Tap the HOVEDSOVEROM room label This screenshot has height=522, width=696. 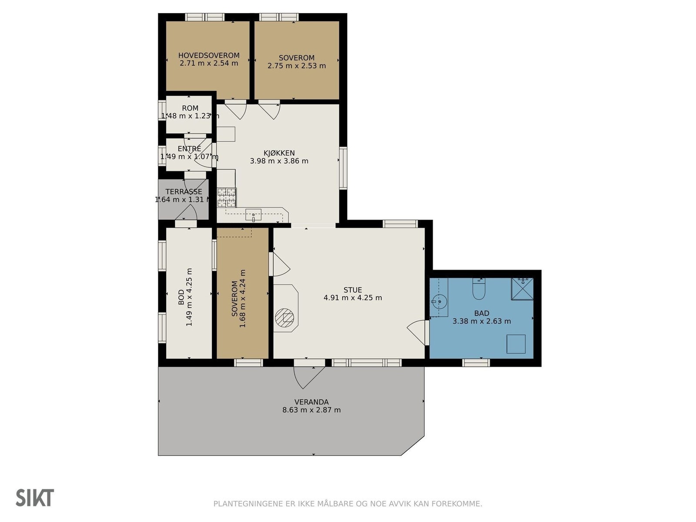click(209, 56)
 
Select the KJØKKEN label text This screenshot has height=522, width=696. click(279, 153)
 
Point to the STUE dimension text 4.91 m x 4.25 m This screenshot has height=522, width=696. click(353, 298)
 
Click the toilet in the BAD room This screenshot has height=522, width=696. click(478, 288)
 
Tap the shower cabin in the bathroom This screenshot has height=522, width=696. click(522, 289)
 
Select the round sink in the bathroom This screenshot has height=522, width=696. click(439, 302)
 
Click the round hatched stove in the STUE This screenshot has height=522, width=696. click(284, 318)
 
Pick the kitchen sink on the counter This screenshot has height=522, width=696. click(253, 215)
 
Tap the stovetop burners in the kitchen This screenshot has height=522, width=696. click(227, 197)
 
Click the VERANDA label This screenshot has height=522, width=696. click(311, 402)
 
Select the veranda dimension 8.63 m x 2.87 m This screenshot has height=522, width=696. click(311, 410)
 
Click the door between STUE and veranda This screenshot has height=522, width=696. click(309, 374)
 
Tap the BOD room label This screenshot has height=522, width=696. click(181, 297)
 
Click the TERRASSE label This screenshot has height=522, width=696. click(184, 191)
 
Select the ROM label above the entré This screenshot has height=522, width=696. click(190, 108)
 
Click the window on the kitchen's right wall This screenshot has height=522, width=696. click(343, 168)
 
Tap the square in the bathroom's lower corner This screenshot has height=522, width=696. click(516, 344)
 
